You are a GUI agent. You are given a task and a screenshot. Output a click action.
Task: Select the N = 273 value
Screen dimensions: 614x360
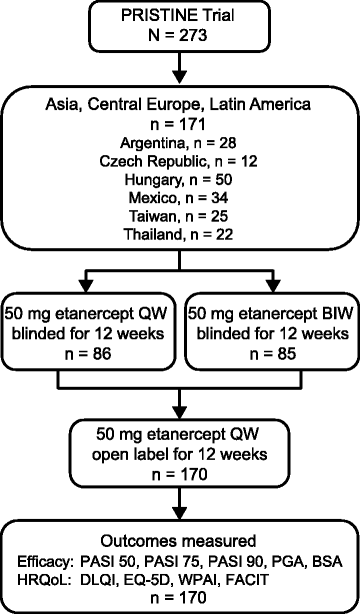tap(180, 36)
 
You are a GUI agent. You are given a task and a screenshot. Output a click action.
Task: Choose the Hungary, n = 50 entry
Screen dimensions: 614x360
tap(180, 178)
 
